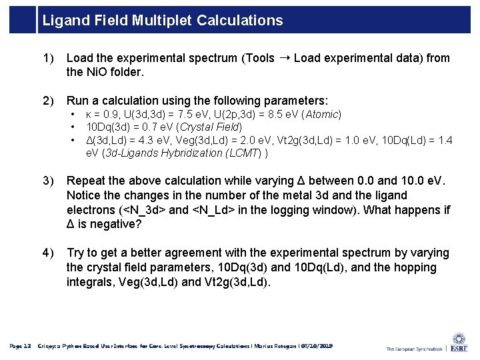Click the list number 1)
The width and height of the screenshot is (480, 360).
(48, 59)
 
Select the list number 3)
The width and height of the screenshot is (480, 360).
(48, 181)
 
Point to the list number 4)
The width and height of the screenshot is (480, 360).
(48, 253)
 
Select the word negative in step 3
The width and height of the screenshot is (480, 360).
(111, 225)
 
